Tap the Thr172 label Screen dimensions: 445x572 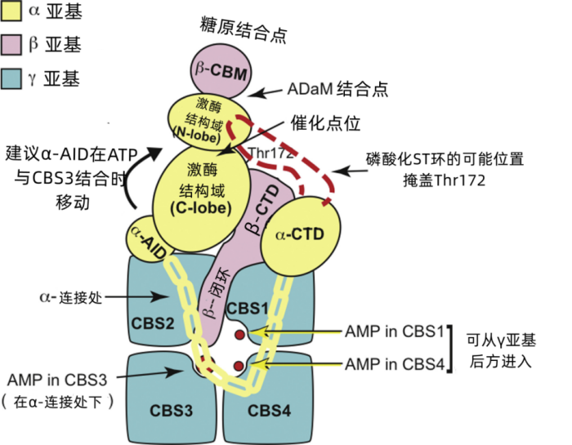[261, 153]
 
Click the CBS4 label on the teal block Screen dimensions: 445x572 [269, 410]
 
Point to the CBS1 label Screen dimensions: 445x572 [248, 309]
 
